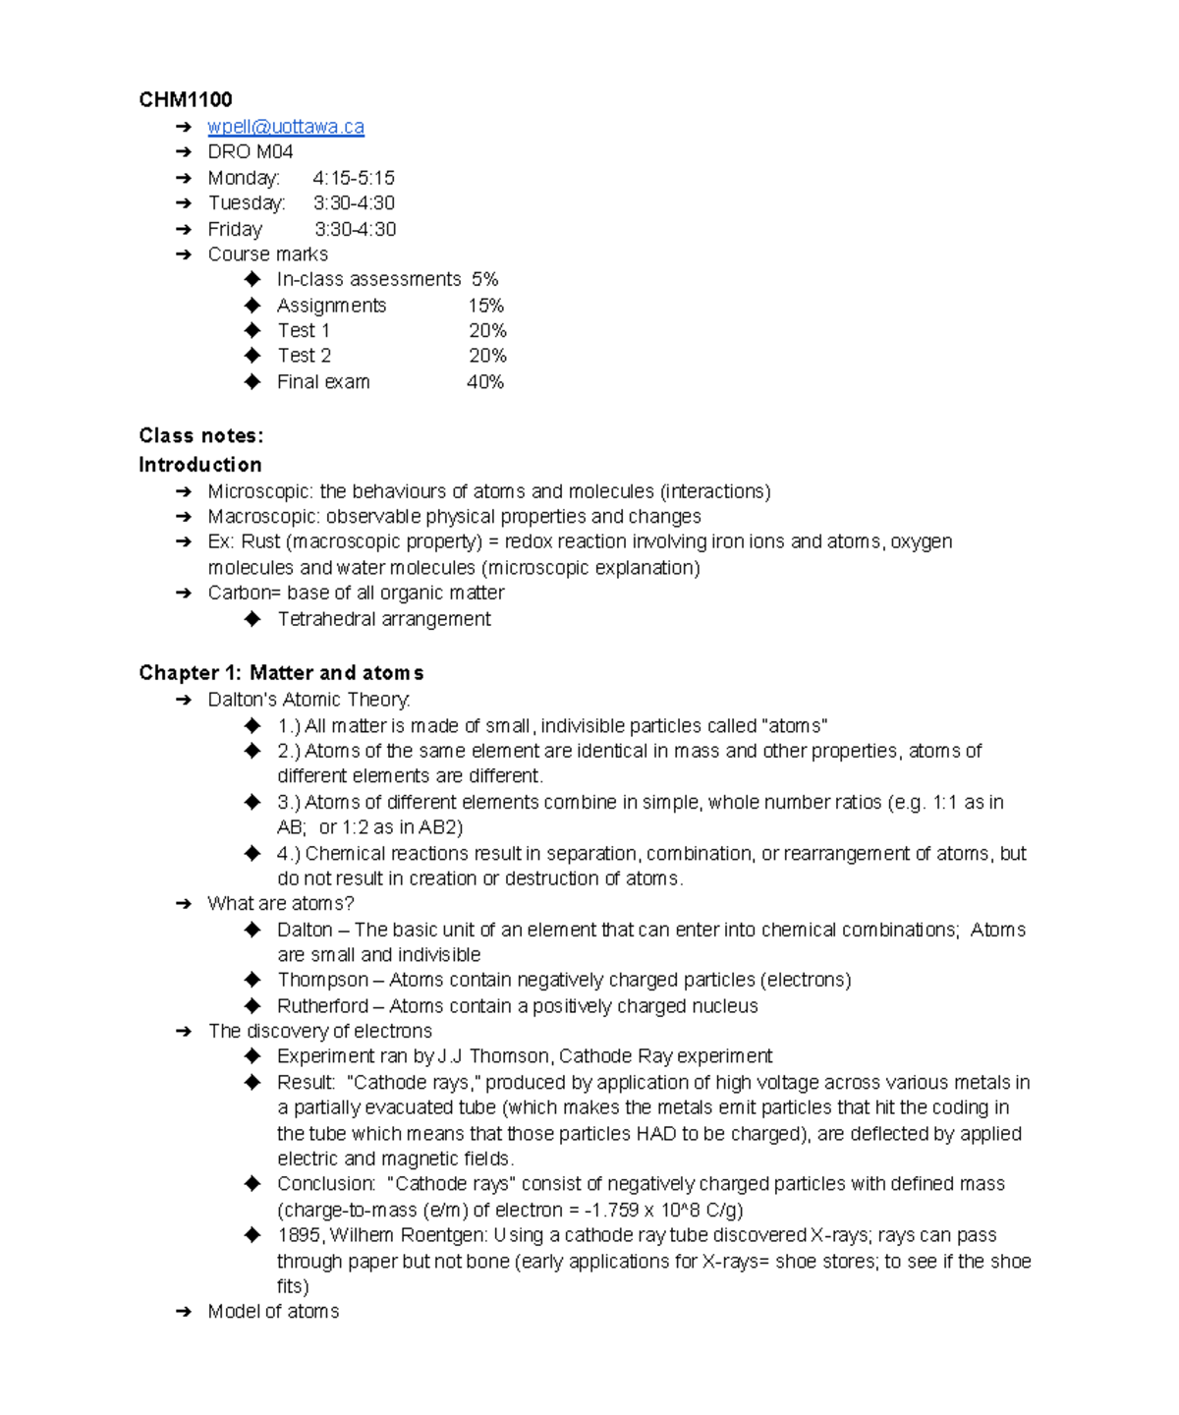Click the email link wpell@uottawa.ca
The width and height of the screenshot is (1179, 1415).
(285, 127)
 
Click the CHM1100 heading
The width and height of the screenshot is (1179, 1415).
(186, 99)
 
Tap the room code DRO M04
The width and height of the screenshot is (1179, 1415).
(250, 151)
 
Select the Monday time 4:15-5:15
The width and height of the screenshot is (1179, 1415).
(354, 178)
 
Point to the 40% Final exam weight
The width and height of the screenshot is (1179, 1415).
(485, 381)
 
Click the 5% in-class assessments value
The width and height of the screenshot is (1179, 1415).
(485, 279)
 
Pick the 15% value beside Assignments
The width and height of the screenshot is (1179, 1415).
(485, 306)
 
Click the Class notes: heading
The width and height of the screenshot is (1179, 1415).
(200, 435)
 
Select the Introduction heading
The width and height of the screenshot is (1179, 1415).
(200, 464)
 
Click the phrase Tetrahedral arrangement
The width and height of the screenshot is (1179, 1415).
(383, 619)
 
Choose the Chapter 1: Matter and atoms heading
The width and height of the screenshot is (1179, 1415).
(281, 673)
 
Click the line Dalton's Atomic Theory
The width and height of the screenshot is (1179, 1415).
(309, 700)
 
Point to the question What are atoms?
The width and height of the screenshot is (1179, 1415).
(280, 903)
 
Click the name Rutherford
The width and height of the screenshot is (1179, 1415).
(322, 1006)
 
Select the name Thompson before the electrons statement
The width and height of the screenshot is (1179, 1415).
(322, 980)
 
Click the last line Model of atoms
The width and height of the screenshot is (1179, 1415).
(273, 1312)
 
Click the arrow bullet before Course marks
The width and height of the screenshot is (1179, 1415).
(183, 255)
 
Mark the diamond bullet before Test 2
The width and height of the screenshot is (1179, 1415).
(253, 356)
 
